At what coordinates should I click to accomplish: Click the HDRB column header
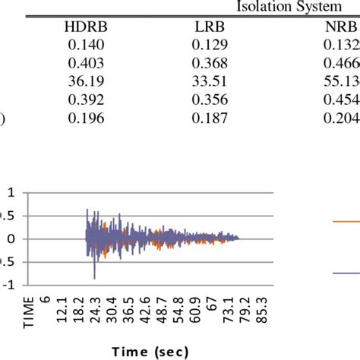pos(88,29)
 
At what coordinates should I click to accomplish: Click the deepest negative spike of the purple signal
pos(94,278)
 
